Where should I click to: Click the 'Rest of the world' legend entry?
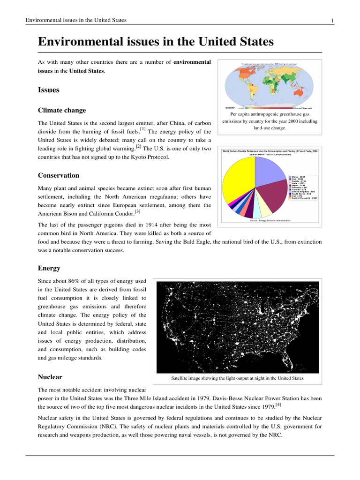click(x=305, y=198)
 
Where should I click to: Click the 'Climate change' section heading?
click(x=62, y=110)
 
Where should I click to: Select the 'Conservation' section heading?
click(x=59, y=175)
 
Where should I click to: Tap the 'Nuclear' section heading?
click(x=50, y=377)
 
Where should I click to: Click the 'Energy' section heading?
click(x=49, y=268)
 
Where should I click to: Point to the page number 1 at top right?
click(x=332, y=20)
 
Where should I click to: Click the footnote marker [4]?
click(x=278, y=404)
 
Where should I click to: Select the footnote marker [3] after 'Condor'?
click(x=137, y=212)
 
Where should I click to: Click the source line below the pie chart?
click(x=270, y=220)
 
